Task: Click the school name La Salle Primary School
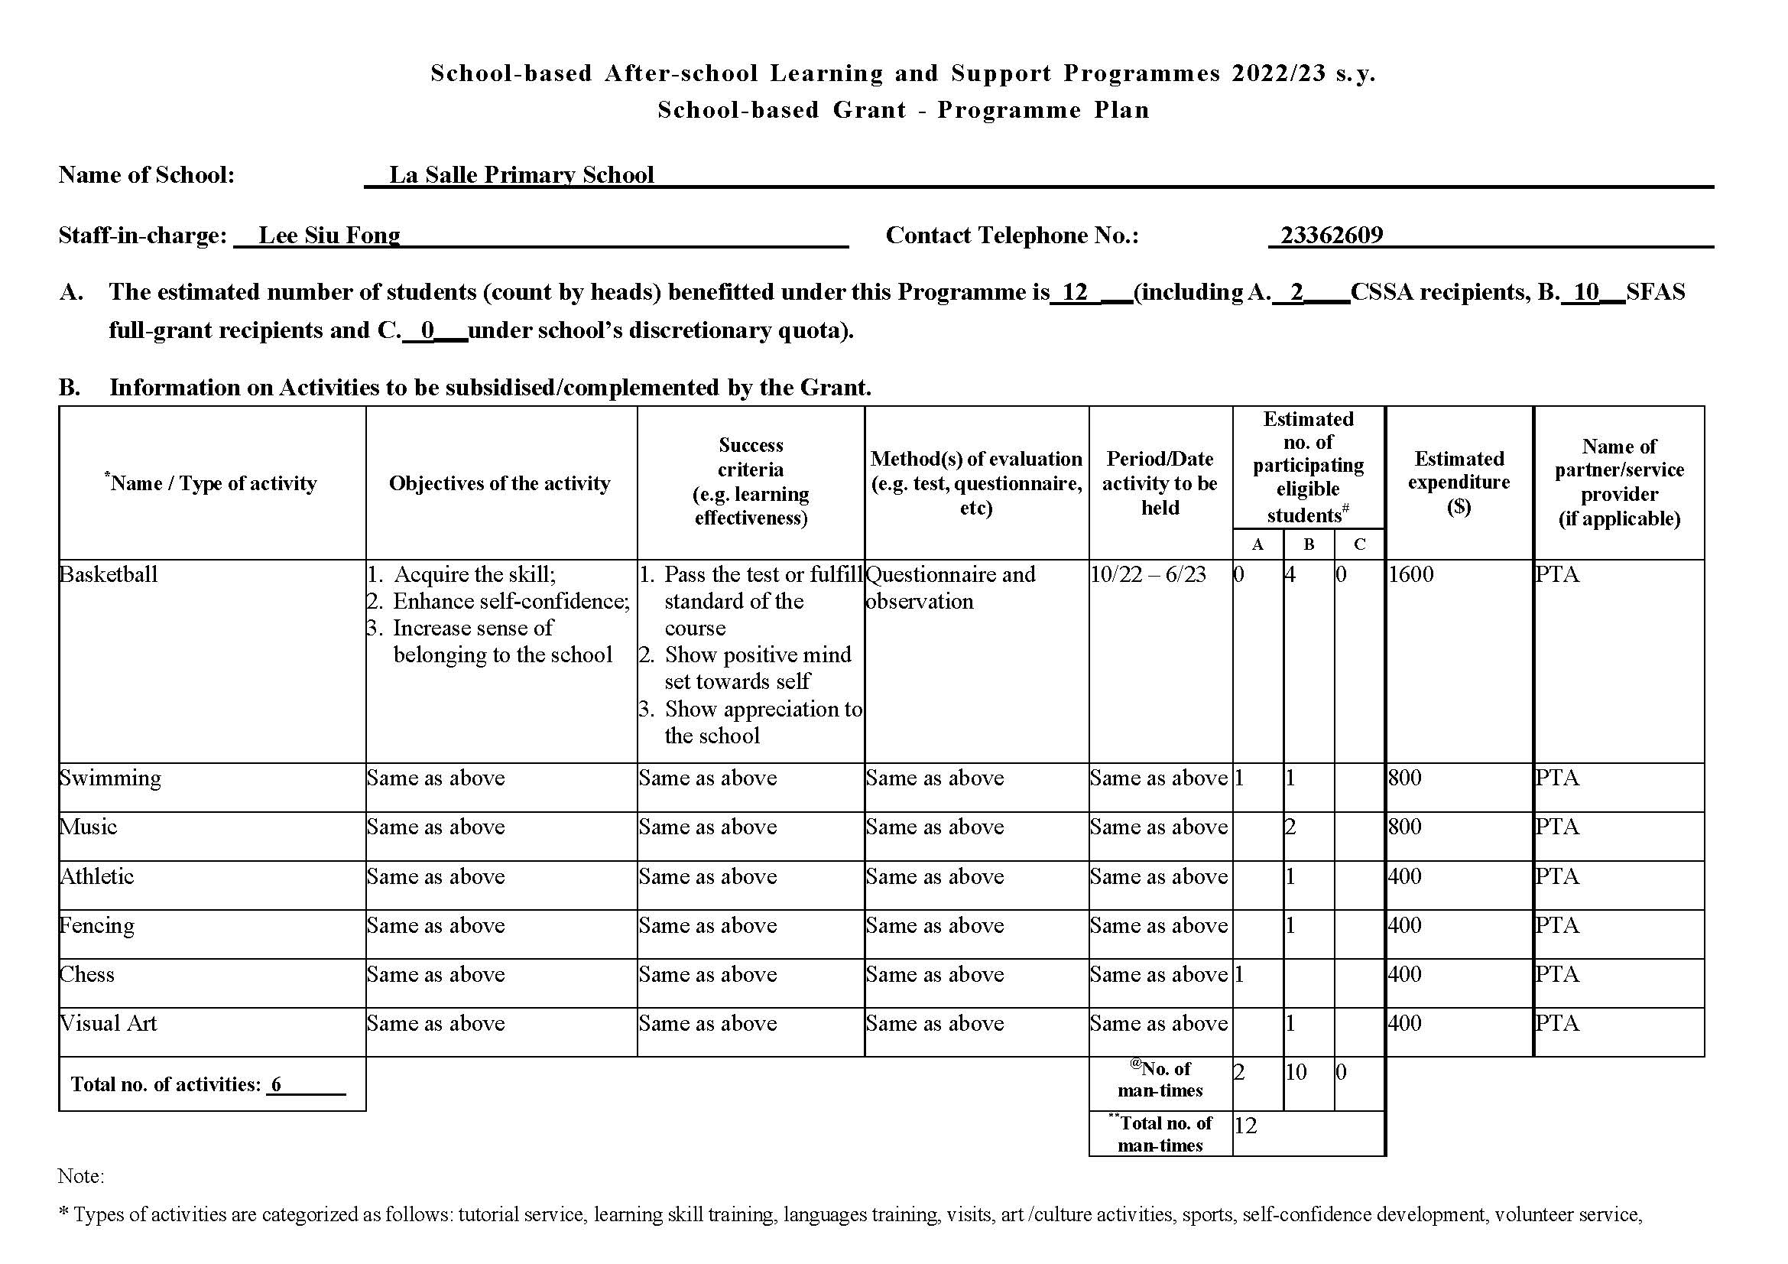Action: (x=521, y=174)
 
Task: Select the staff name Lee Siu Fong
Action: (x=329, y=236)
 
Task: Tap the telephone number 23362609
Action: (x=1332, y=236)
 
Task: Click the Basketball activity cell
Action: (x=109, y=575)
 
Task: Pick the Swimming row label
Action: (x=110, y=778)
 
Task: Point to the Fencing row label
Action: (x=97, y=925)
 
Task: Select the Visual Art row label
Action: (x=109, y=1023)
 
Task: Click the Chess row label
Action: (x=87, y=974)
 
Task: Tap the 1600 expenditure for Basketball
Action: (x=1411, y=575)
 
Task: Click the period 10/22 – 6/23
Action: (x=1148, y=575)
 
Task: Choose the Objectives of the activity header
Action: (x=500, y=483)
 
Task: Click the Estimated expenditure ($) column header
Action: (x=1459, y=483)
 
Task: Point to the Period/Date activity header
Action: (x=1160, y=483)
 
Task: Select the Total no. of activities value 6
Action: (x=277, y=1084)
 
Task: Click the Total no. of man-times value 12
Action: (x=1246, y=1126)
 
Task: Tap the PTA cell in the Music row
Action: (x=1557, y=827)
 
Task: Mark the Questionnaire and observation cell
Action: (x=950, y=588)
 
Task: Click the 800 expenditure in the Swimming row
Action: (x=1405, y=778)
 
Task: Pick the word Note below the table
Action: (x=80, y=1176)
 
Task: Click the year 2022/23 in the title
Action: (x=1279, y=73)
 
